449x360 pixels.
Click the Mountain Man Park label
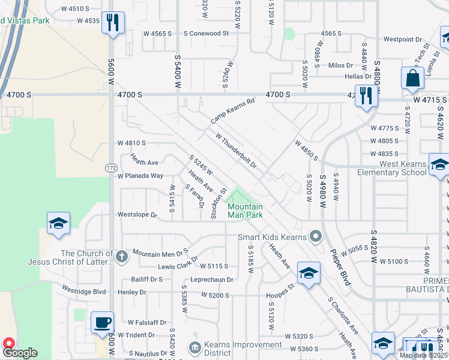245,211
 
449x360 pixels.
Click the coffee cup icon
101,323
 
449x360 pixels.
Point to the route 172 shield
111,167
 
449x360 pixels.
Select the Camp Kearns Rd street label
233,111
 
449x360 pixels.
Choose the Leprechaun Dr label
211,280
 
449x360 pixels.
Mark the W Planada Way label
140,176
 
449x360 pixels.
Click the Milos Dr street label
340,65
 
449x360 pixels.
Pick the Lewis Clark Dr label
178,266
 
